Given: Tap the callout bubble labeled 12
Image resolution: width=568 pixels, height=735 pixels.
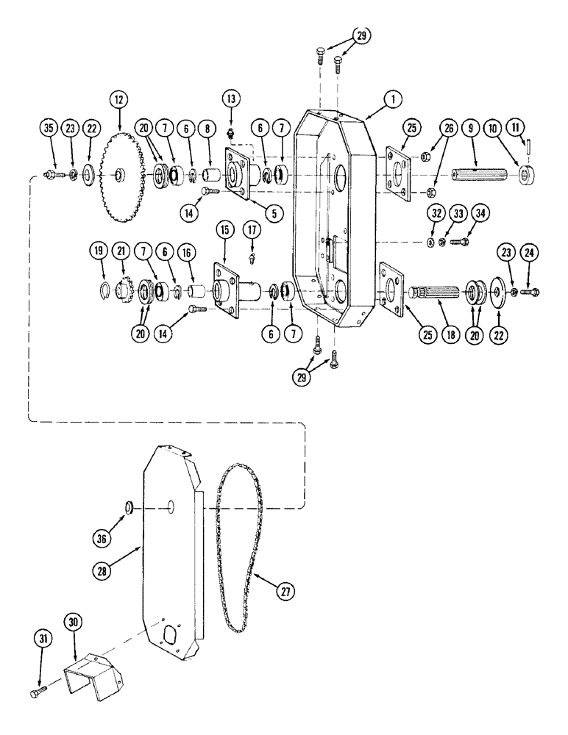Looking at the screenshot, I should (118, 98).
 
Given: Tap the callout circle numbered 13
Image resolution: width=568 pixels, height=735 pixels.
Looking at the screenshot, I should (231, 98).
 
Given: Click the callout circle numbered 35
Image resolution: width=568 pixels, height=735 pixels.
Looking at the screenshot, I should (49, 127).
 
